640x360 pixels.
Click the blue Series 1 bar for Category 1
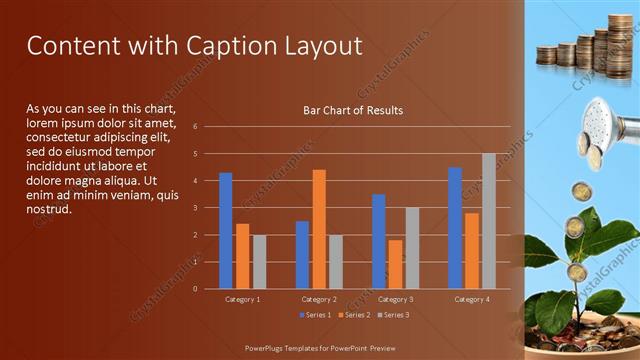[x=225, y=230]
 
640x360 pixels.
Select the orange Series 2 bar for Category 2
[x=319, y=229]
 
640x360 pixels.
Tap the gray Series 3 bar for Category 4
[x=488, y=221]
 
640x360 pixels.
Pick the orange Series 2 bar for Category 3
[x=395, y=264]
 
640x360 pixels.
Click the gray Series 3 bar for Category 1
[x=259, y=261]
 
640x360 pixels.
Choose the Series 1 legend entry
[x=315, y=315]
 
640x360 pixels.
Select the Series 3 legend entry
[x=394, y=315]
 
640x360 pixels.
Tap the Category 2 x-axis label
[x=319, y=299]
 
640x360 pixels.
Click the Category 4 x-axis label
[x=471, y=299]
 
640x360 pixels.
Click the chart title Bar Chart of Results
[x=353, y=110]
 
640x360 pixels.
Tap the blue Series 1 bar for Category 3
[x=378, y=241]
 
